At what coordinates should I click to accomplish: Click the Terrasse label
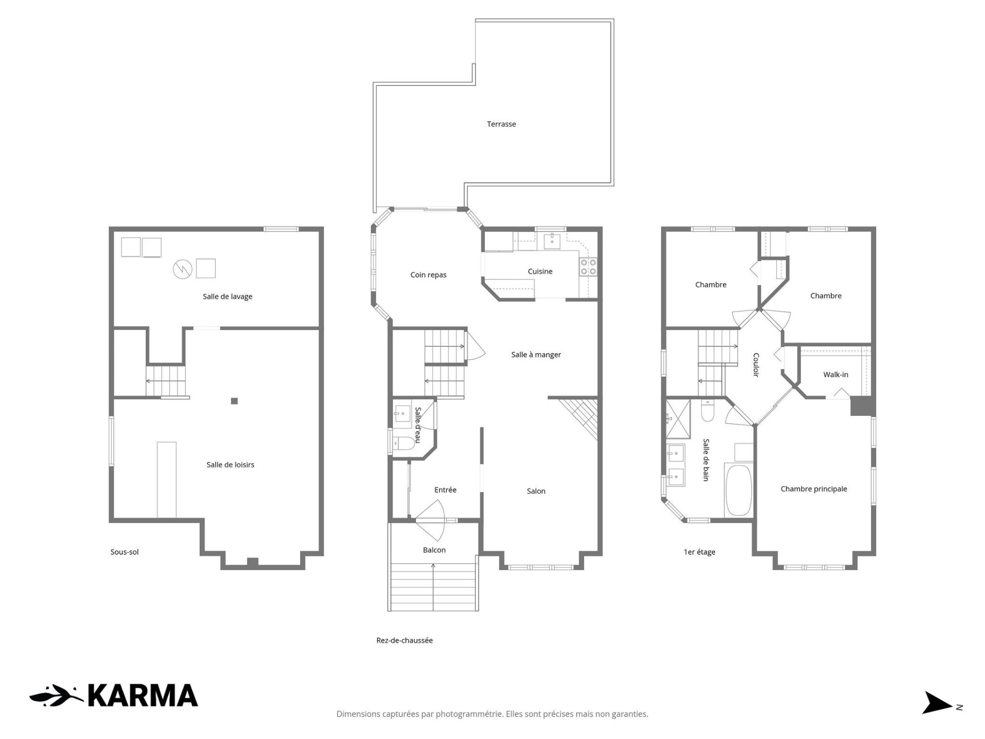[501, 124]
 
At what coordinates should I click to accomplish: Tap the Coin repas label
[428, 275]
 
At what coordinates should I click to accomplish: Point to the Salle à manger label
[536, 355]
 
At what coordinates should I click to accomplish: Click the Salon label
[536, 491]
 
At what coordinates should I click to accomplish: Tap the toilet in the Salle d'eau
[404, 443]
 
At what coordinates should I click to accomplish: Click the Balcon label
[434, 550]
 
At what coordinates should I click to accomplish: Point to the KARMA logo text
[143, 695]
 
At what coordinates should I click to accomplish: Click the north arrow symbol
[938, 703]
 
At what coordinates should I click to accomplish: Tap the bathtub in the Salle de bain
[739, 490]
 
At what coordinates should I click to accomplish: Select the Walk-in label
[836, 375]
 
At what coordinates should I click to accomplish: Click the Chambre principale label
[814, 489]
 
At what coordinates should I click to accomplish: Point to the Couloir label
[756, 365]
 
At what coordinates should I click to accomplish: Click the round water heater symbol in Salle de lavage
[182, 268]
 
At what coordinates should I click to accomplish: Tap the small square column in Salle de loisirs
[234, 401]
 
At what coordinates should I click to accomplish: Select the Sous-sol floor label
[125, 552]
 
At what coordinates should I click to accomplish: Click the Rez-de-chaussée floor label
[404, 640]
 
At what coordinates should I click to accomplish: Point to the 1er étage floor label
[699, 552]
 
